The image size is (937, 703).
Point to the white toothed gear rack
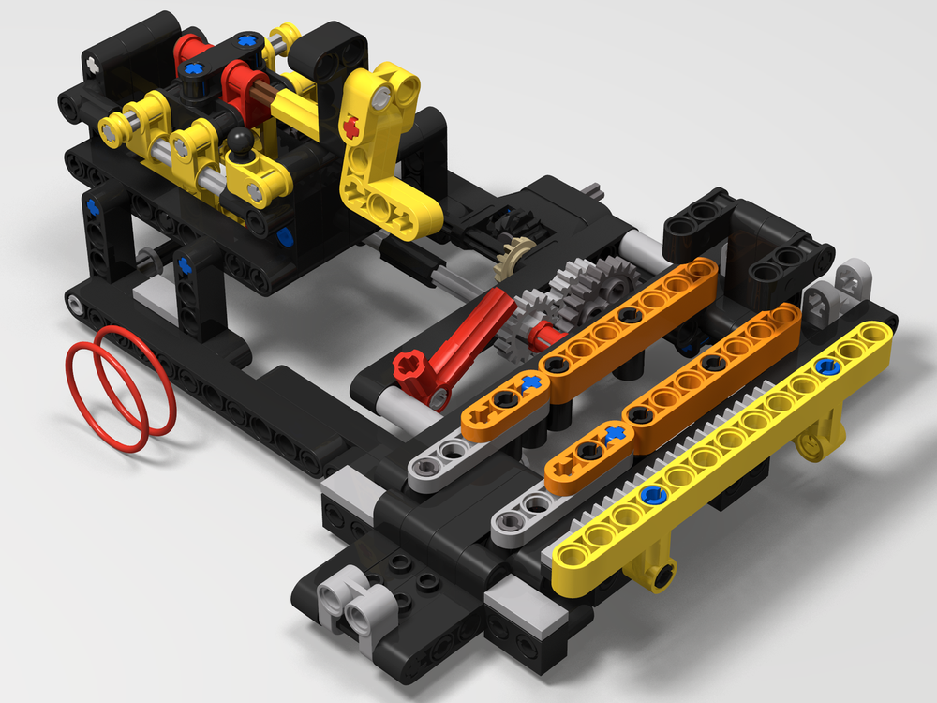[656, 441]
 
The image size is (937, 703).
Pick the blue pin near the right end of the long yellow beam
[825, 366]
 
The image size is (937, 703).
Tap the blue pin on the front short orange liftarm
[614, 433]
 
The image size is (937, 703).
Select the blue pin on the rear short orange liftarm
[531, 381]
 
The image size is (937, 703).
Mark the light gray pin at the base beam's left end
[75, 303]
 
